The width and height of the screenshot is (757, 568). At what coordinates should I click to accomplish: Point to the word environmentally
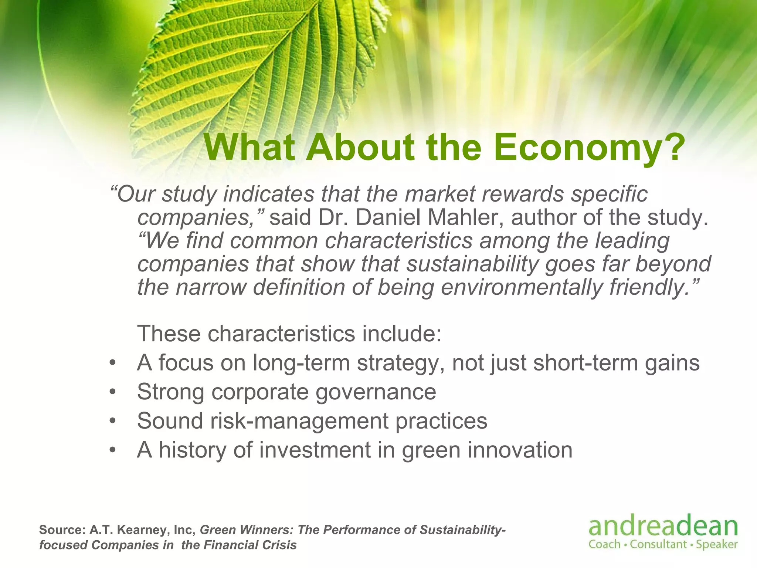click(521, 287)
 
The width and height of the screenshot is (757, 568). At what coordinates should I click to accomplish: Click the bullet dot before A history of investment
click(113, 450)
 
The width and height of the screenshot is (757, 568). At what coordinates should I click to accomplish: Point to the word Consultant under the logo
click(658, 544)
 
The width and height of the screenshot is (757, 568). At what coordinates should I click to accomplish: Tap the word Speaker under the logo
click(717, 545)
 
